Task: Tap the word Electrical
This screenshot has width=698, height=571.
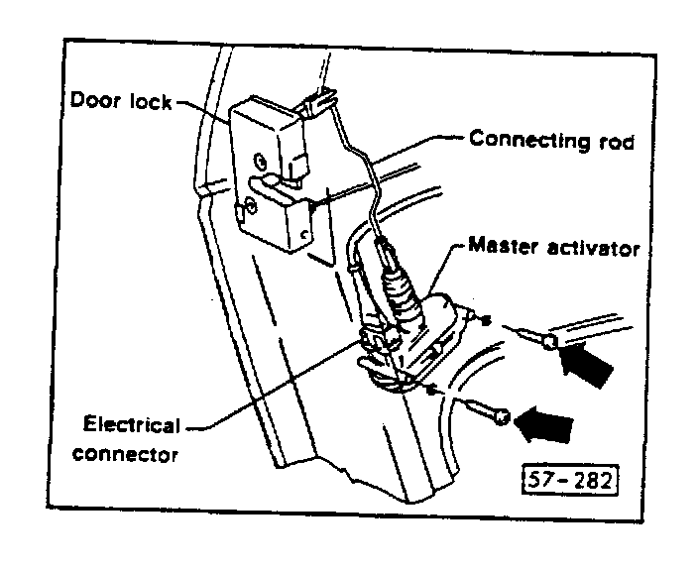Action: pos(131,426)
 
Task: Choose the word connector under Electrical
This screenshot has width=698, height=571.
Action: pos(131,455)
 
